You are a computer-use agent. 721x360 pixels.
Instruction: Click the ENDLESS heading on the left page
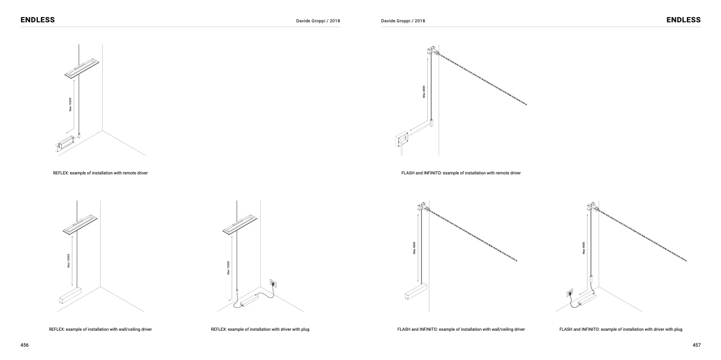point(37,20)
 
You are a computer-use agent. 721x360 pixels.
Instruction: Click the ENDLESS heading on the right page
point(683,20)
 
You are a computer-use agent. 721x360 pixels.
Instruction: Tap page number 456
point(24,345)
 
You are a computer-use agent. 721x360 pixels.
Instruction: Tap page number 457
point(697,345)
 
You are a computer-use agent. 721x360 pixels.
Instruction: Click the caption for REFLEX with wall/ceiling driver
point(100,330)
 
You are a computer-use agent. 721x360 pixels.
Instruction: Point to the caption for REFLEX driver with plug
point(260,330)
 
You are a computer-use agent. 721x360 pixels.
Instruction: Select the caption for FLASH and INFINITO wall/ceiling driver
point(461,330)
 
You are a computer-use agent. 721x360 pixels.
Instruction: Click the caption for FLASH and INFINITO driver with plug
point(620,330)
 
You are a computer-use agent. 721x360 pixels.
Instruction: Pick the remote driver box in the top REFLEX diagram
point(64,144)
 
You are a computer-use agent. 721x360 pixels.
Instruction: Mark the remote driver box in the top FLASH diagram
point(401,140)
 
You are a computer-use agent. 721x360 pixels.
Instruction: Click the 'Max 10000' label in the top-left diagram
point(70,104)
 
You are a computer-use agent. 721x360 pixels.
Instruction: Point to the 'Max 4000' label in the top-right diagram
point(424,91)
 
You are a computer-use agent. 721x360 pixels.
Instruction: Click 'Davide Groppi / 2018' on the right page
point(403,21)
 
